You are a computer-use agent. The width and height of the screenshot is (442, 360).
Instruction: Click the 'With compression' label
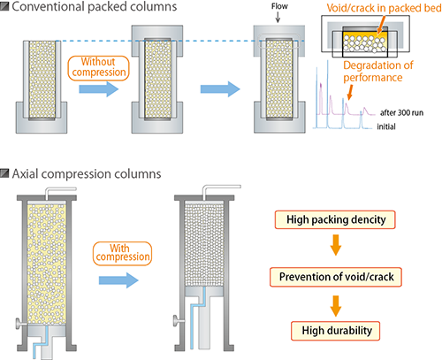coord(118,252)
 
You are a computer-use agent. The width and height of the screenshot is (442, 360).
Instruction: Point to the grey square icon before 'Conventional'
coord(7,9)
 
